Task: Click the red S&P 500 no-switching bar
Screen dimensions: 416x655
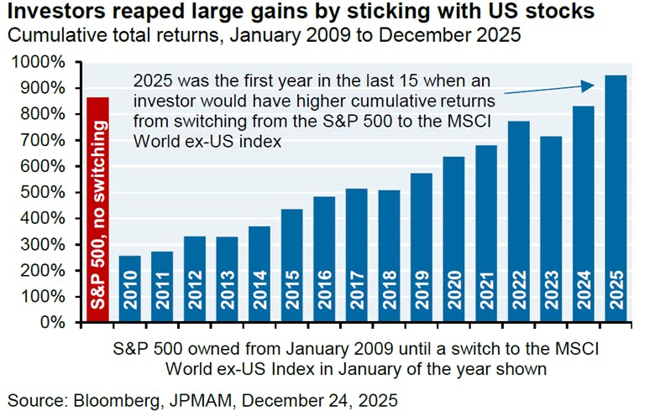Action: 97,210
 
